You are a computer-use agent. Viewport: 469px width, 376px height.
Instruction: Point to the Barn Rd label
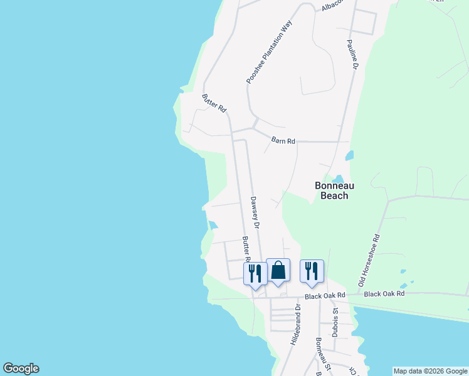click(283, 141)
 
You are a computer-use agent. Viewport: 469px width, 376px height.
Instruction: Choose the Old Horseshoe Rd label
click(370, 261)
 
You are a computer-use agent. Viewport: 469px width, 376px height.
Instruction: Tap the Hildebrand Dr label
click(296, 325)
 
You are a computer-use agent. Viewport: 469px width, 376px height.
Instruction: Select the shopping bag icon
click(278, 270)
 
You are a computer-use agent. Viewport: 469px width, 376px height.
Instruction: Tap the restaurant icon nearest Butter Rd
click(255, 273)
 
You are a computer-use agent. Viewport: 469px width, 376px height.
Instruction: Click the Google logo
click(21, 368)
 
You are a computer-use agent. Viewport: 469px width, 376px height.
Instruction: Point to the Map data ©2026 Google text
click(430, 371)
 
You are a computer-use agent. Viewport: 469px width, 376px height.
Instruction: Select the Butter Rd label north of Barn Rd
click(214, 103)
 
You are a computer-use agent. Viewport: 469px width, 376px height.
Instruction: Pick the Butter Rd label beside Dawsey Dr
click(246, 249)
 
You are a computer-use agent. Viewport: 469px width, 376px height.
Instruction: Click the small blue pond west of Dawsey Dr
click(213, 225)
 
